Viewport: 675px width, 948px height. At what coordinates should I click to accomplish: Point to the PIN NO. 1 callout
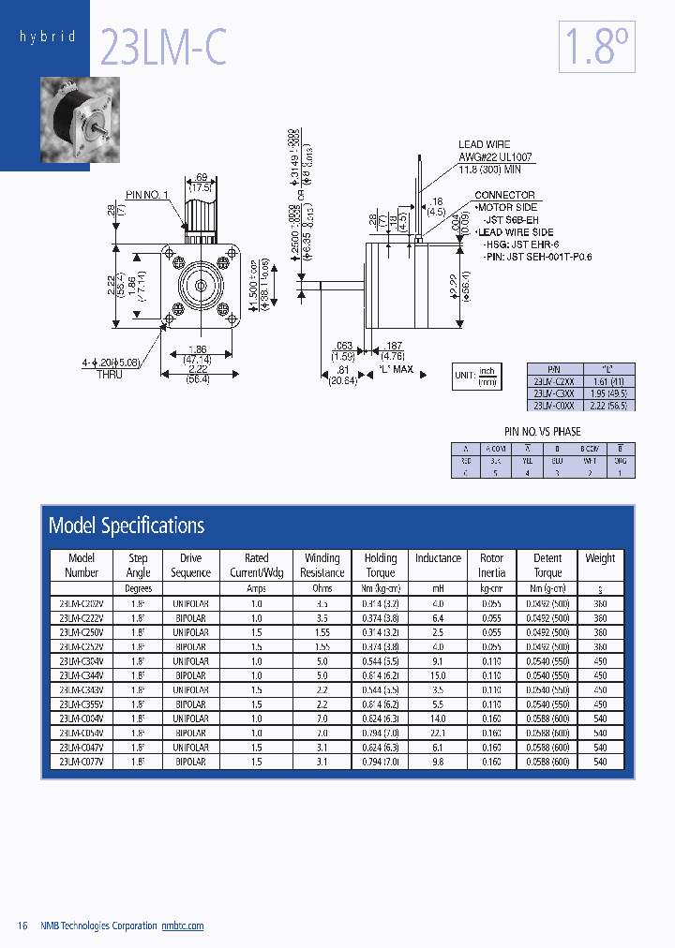pyautogui.click(x=147, y=194)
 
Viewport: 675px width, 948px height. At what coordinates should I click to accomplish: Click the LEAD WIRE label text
pyautogui.click(x=484, y=144)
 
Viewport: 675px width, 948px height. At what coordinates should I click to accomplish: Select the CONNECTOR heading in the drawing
pyautogui.click(x=504, y=195)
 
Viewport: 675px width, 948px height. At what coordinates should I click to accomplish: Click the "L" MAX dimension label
pyautogui.click(x=396, y=369)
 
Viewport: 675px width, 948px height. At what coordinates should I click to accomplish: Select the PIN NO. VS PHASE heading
pyautogui.click(x=542, y=432)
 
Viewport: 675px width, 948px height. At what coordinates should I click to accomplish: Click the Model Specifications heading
pyautogui.click(x=127, y=526)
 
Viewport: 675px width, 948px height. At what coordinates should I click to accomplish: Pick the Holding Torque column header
pyautogui.click(x=380, y=565)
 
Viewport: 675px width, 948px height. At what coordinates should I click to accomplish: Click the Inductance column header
pyautogui.click(x=438, y=558)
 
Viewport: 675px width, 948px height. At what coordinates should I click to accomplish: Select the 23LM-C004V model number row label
pyautogui.click(x=82, y=718)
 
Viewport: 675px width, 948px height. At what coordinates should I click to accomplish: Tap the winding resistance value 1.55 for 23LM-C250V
pyautogui.click(x=322, y=632)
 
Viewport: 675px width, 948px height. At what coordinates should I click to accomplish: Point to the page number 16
pyautogui.click(x=23, y=926)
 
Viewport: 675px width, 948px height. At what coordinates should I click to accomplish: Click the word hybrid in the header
pyautogui.click(x=47, y=37)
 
